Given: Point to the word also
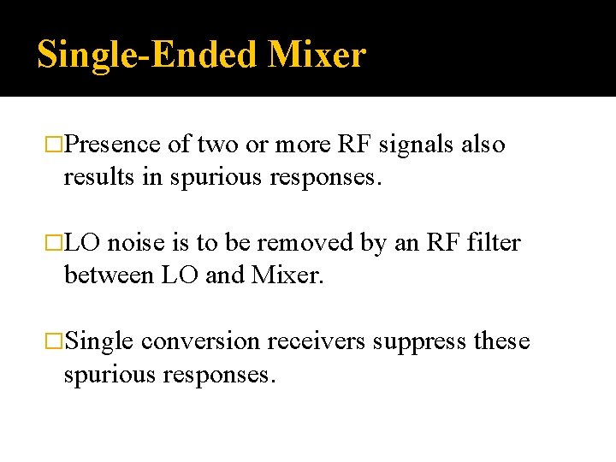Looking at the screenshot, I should tap(483, 145).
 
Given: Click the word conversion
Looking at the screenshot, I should tap(200, 341).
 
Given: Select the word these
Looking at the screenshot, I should tap(502, 341).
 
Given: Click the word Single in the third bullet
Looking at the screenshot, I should tap(99, 342).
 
